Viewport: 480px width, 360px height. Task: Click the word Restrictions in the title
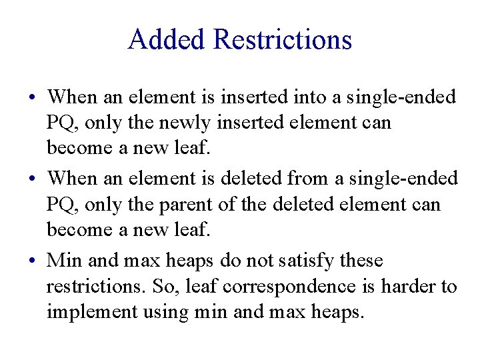point(283,39)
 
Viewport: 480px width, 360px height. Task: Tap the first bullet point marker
point(33,98)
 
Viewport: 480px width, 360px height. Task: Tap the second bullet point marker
point(33,179)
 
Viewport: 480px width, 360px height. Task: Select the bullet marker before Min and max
point(33,261)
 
